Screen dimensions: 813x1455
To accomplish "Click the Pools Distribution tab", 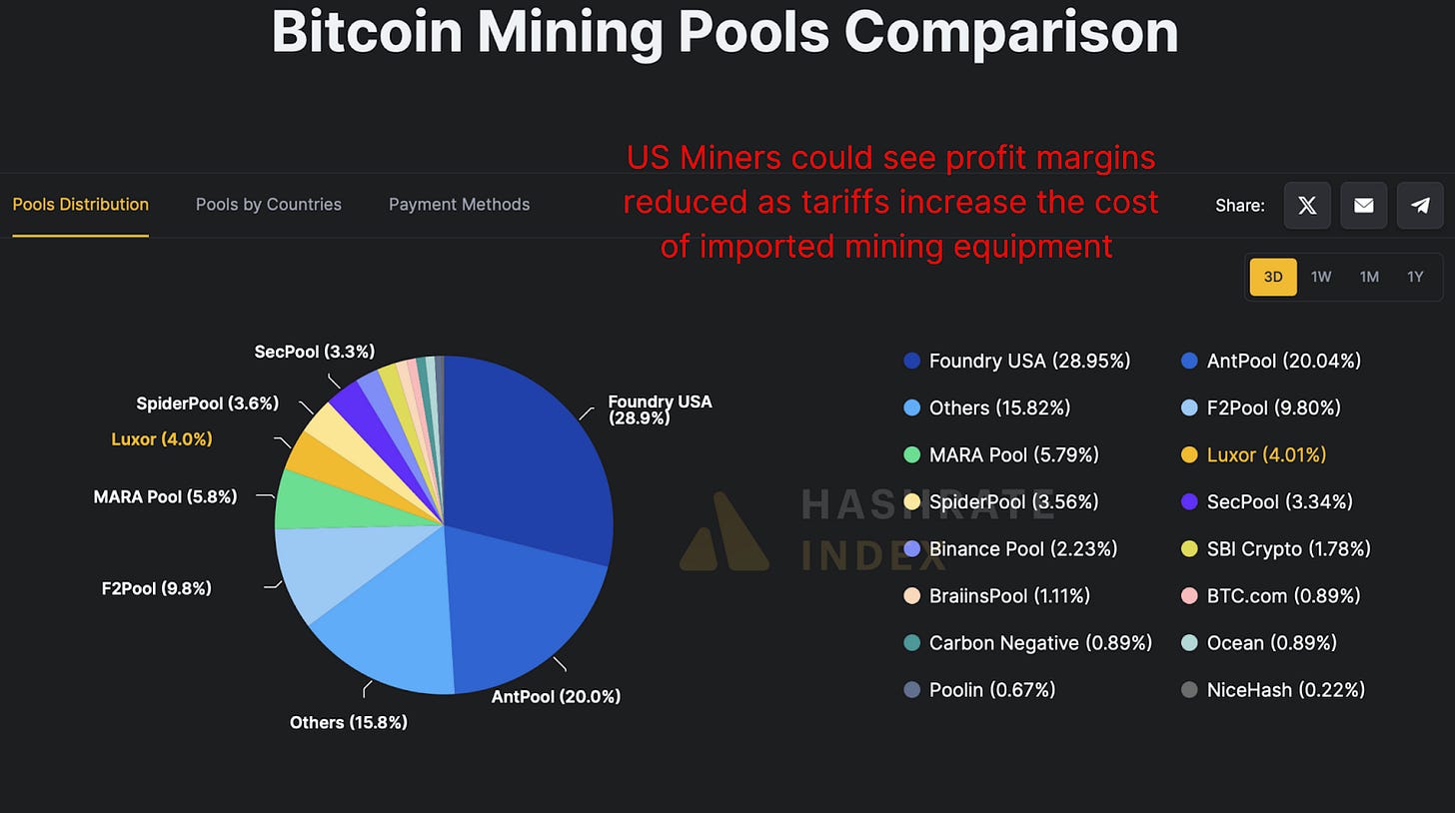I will click(80, 205).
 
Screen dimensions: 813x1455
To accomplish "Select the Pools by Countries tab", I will click(268, 205).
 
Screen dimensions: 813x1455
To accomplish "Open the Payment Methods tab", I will click(459, 205).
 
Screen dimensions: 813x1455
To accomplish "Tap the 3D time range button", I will click(1273, 277).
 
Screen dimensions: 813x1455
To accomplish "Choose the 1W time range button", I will click(1321, 277).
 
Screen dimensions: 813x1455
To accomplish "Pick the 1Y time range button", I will click(1415, 277).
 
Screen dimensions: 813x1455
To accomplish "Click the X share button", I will click(1307, 206).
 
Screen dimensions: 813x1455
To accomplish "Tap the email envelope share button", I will click(1363, 206).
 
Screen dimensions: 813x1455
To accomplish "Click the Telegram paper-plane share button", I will click(1420, 206).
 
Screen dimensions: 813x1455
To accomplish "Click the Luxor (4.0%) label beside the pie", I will click(161, 438).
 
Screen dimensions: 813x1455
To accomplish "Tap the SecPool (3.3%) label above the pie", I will click(314, 352).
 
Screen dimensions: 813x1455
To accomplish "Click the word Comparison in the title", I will click(1011, 33).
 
